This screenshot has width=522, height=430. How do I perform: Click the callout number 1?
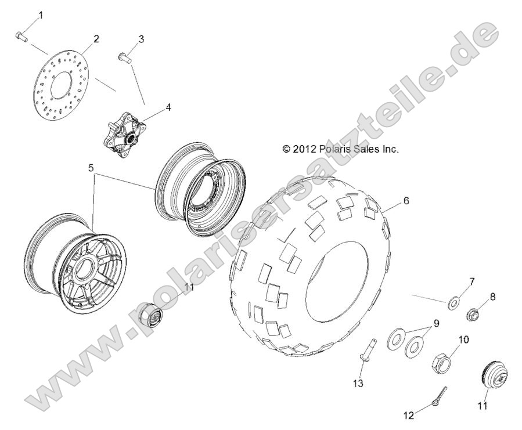tap(41, 15)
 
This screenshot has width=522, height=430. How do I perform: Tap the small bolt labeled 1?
tap(21, 36)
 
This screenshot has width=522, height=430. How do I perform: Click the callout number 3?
tap(141, 39)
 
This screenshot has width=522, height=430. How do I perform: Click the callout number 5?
tap(91, 168)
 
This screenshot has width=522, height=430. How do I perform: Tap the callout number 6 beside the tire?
tap(406, 201)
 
